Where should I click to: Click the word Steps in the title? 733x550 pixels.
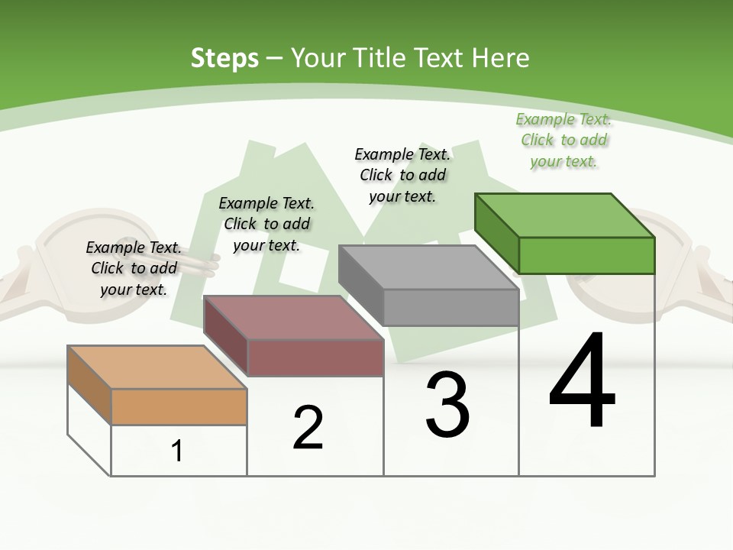[x=224, y=58]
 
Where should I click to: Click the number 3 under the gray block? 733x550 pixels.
[x=447, y=405]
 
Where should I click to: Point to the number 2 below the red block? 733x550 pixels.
[x=308, y=428]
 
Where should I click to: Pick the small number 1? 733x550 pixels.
[x=177, y=451]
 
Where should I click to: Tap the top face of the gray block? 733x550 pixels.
[x=428, y=267]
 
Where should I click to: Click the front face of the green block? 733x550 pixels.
[x=586, y=255]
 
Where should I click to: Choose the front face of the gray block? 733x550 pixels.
[x=450, y=307]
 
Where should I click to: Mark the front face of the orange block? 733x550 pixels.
[x=179, y=406]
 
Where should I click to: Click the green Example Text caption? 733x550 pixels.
[x=563, y=140]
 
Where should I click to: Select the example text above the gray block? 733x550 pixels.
[x=402, y=175]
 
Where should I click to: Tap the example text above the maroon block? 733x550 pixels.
[x=266, y=224]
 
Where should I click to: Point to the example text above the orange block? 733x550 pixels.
[x=134, y=268]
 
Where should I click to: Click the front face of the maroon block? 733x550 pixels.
[x=315, y=357]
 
